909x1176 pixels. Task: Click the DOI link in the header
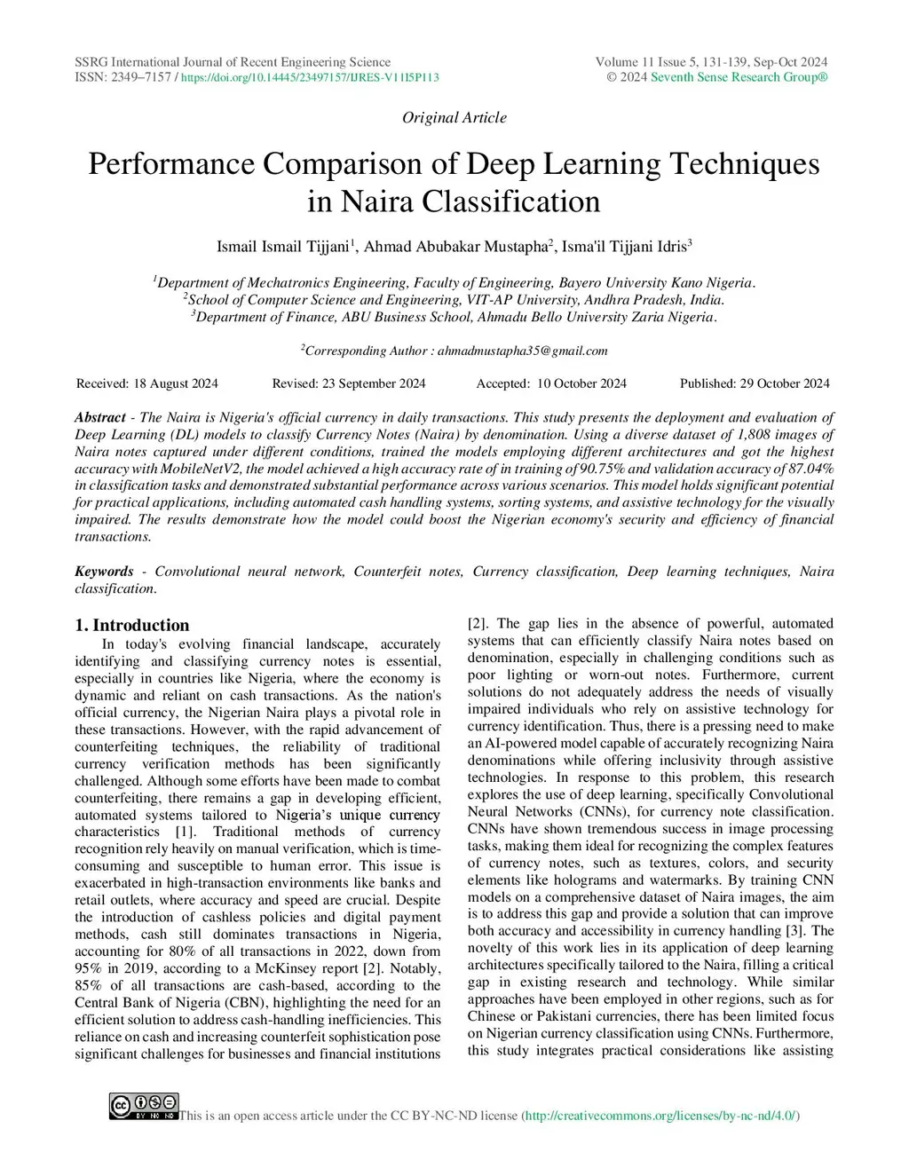coord(310,78)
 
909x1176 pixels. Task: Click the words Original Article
coord(454,117)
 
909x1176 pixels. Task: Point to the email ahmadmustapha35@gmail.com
coord(522,351)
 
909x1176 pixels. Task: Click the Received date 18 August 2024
coord(175,383)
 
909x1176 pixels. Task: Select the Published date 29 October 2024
coord(783,383)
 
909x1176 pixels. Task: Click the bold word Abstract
coord(100,417)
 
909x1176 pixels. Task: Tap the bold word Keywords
coord(104,572)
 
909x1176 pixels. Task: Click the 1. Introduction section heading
coord(132,625)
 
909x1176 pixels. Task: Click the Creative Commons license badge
coord(144,1106)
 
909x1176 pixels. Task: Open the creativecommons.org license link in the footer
coord(660,1116)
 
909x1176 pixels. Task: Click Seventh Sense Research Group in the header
coord(739,78)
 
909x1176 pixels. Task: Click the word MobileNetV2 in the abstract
coord(201,469)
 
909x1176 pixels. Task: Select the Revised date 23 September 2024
coord(372,383)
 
